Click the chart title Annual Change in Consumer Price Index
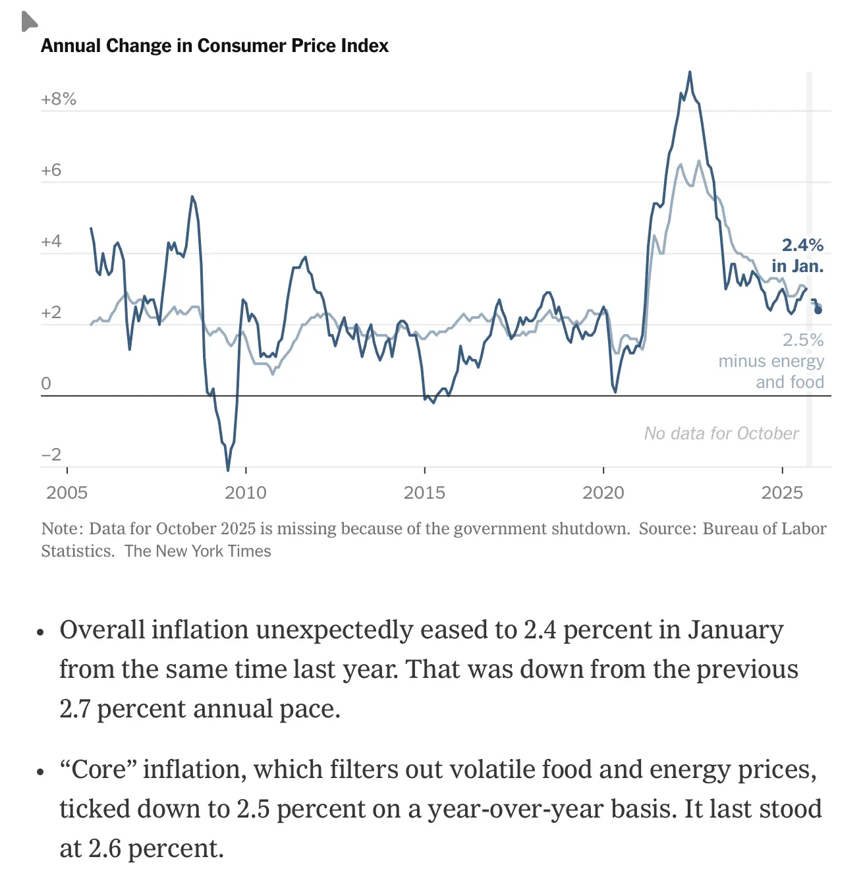point(215,45)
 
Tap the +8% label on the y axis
point(59,99)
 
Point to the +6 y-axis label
point(51,171)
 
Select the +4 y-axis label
point(51,242)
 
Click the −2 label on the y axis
point(51,455)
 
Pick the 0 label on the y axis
point(45,383)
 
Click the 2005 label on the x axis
point(67,493)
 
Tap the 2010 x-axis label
point(245,493)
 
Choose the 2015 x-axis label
point(424,493)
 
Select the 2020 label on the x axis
point(603,493)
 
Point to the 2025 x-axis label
point(782,493)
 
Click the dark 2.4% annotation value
point(802,246)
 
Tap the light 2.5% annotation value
point(803,341)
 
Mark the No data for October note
point(721,433)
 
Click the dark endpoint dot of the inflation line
point(818,310)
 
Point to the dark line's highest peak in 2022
point(690,72)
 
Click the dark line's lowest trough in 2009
point(228,470)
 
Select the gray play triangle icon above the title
point(28,22)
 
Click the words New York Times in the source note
point(213,551)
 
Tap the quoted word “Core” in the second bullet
point(97,769)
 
